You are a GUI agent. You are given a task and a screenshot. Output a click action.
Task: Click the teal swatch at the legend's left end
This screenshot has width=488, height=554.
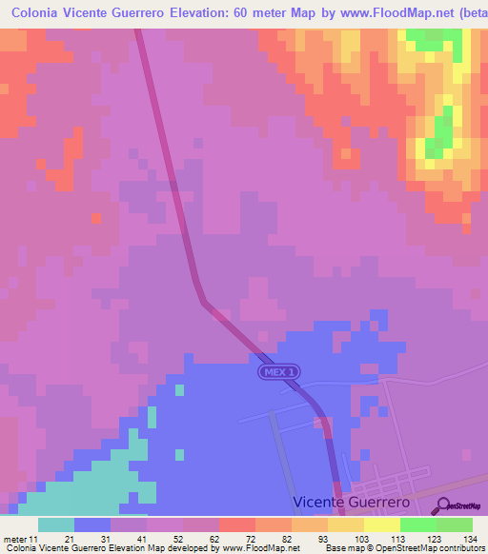point(56,524)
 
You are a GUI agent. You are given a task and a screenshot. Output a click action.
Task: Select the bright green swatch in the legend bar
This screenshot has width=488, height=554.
point(418,524)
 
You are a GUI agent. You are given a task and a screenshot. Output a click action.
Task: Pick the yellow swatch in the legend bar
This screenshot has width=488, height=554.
point(382,524)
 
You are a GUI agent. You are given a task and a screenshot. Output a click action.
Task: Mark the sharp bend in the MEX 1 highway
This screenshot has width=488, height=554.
point(205,303)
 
